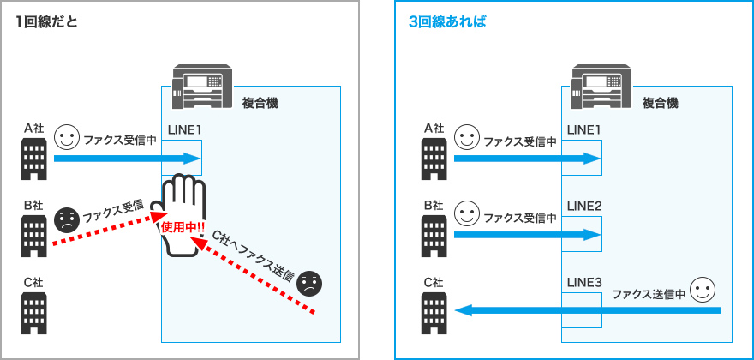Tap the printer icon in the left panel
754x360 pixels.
(203, 85)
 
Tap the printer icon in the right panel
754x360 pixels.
(603, 85)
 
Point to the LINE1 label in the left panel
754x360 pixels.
(184, 130)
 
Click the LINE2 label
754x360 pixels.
(584, 206)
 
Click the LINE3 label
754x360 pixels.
(584, 282)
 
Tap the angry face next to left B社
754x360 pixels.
(66, 220)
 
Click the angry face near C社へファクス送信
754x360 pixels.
(310, 282)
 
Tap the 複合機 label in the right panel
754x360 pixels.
(660, 103)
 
